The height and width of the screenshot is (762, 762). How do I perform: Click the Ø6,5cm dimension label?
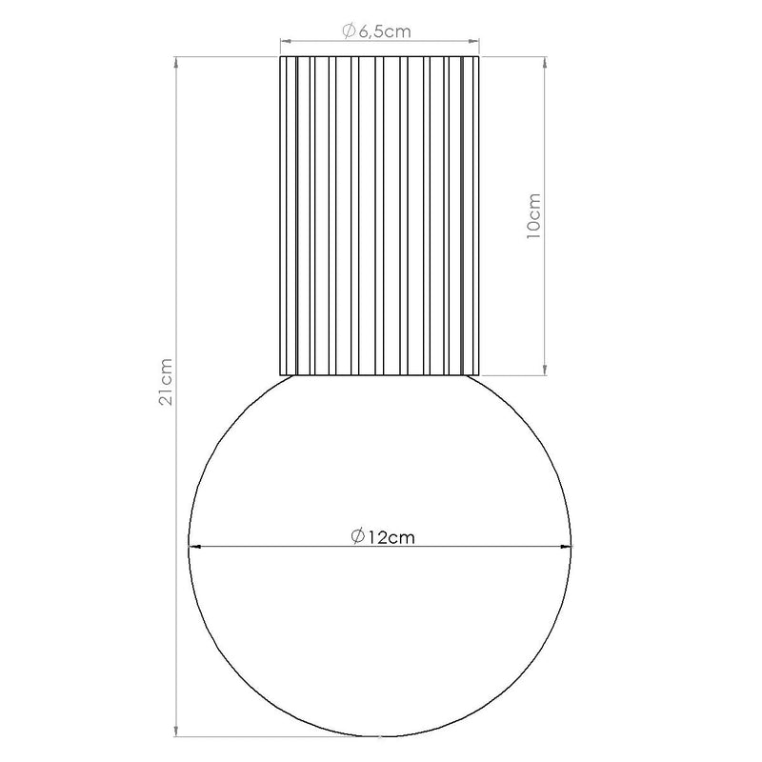point(376,31)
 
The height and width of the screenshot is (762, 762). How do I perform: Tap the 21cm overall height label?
point(166,382)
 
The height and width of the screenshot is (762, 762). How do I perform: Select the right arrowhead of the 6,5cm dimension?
point(474,42)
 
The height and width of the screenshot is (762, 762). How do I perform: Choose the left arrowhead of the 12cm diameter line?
point(196,546)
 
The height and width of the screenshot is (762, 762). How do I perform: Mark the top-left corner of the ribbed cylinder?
point(280,58)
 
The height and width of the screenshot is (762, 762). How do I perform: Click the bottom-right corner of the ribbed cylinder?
point(480,373)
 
